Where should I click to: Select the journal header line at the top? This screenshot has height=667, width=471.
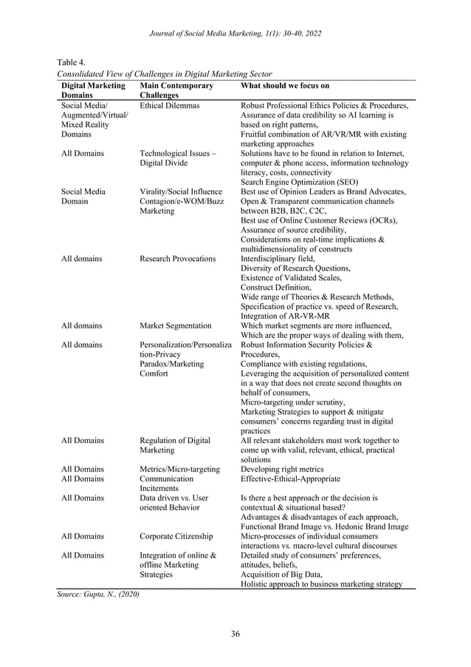click(x=235, y=33)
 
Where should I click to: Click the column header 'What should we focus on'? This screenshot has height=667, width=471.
click(x=285, y=86)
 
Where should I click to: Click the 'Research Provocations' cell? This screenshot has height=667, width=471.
click(x=177, y=259)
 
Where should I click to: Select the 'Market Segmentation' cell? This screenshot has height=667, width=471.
click(x=175, y=325)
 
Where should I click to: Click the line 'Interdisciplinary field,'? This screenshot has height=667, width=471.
click(x=278, y=259)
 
